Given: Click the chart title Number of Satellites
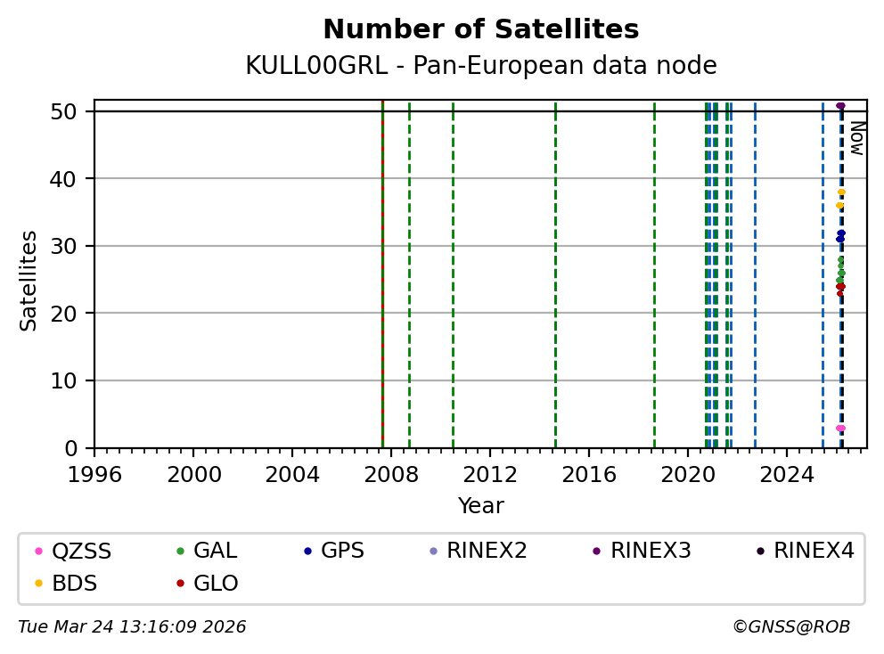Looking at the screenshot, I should pyautogui.click(x=480, y=30).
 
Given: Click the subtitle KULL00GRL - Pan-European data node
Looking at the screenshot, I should pyautogui.click(x=480, y=66).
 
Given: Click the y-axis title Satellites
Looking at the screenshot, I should pyautogui.click(x=29, y=281).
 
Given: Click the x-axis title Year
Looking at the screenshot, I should pyautogui.click(x=480, y=507).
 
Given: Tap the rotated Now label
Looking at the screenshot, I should pyautogui.click(x=856, y=138).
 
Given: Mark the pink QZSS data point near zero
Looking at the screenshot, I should pyautogui.click(x=839, y=429).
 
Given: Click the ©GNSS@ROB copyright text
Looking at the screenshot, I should pyautogui.click(x=790, y=627).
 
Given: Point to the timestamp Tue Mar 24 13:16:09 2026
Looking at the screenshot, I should pyautogui.click(x=132, y=627).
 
